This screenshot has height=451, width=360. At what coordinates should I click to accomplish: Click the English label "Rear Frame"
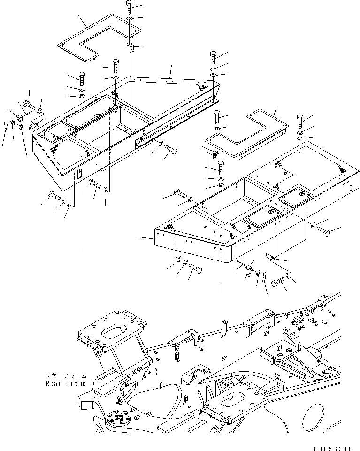[x=66, y=383]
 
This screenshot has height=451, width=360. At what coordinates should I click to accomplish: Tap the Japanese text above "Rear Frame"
[x=66, y=375]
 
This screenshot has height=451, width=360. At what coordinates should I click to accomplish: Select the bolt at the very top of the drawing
[x=130, y=7]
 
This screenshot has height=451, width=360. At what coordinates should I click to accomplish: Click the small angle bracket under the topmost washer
[x=130, y=47]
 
